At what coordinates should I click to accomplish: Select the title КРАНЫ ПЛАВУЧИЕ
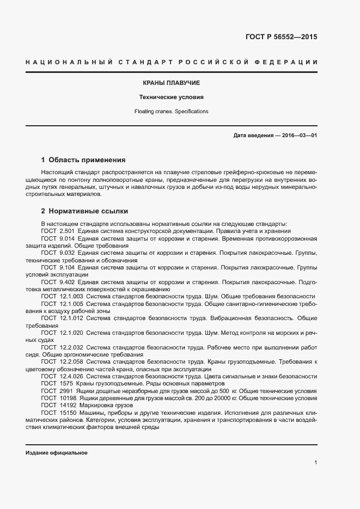point(172,83)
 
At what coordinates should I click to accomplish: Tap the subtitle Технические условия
point(172,97)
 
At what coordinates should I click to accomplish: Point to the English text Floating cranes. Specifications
point(172,111)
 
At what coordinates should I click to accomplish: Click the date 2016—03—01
point(299,135)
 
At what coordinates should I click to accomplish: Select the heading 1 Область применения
point(83,160)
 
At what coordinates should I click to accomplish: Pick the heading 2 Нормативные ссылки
point(85,210)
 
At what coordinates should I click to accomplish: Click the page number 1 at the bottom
point(315,462)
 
